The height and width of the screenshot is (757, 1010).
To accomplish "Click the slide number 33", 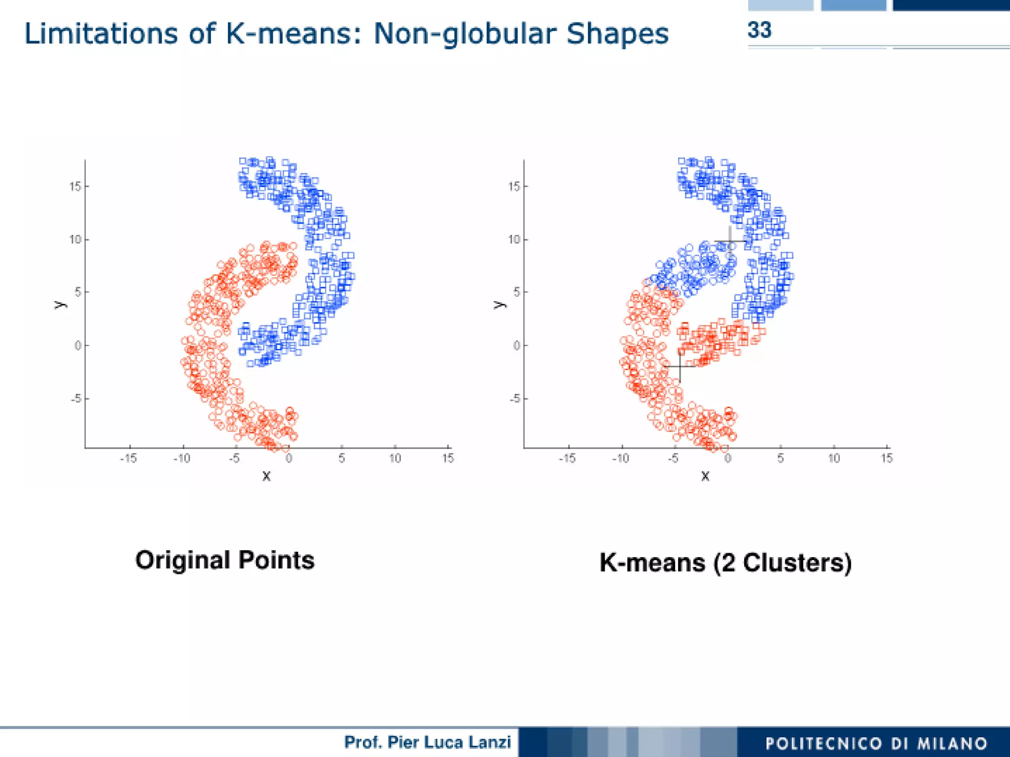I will [759, 30].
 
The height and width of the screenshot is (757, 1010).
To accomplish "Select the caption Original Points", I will [225, 560].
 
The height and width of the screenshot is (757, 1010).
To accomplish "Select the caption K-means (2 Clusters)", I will [725, 563].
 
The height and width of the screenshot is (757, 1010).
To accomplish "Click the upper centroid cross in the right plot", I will [730, 241].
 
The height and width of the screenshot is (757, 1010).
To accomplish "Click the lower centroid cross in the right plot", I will [680, 366].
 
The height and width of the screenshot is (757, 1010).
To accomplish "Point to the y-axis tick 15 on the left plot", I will [75, 187].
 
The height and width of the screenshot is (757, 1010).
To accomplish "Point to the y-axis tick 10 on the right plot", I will [514, 239].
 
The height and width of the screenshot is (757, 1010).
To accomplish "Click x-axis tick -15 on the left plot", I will [128, 458].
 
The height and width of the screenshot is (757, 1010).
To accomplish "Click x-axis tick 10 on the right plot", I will [833, 458].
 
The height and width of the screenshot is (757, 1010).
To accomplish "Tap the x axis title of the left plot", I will [266, 476].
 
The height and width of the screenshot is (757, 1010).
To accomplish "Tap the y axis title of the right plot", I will [500, 304].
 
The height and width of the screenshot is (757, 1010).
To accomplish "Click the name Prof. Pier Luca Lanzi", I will [427, 742].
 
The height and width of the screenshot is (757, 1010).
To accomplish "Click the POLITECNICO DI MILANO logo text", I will [876, 743].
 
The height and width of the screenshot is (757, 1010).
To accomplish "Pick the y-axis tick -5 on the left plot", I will [75, 398].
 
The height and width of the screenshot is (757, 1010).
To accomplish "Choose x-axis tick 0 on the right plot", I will [727, 458].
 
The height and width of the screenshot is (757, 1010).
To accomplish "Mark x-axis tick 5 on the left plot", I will [342, 458].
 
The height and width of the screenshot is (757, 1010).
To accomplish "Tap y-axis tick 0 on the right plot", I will [516, 345].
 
